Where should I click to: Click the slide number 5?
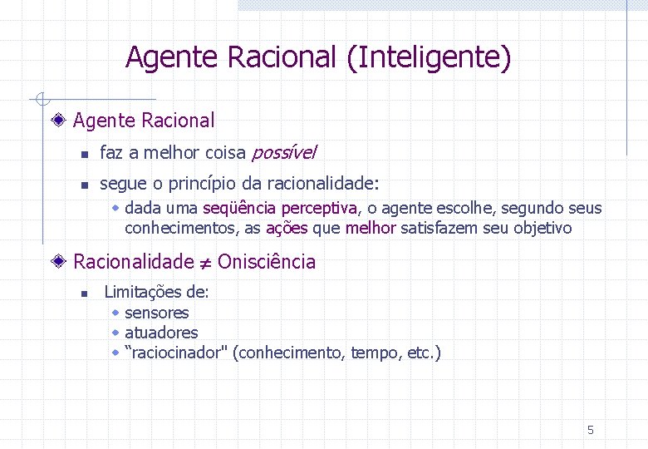click(591, 430)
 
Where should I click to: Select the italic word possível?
click(283, 153)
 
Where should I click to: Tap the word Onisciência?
click(267, 262)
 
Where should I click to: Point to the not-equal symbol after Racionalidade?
click(205, 263)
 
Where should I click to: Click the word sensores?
click(156, 313)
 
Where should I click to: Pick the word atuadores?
click(161, 333)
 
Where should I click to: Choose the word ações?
click(287, 228)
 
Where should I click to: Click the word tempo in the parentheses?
click(376, 353)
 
